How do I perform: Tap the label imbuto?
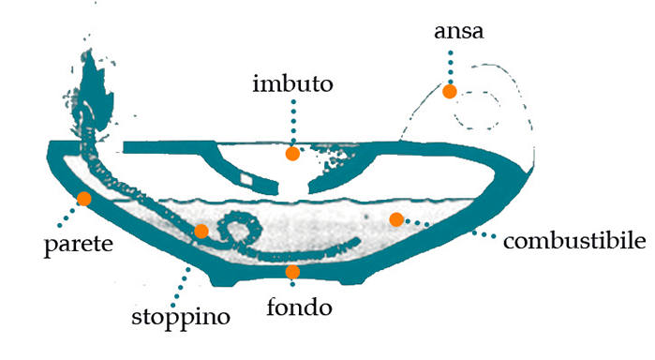click(293, 85)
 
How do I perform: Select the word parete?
click(79, 247)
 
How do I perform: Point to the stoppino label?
click(180, 316)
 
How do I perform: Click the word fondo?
click(299, 306)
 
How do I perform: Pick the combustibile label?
click(574, 242)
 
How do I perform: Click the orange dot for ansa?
click(450, 91)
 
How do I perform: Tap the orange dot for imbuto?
click(292, 153)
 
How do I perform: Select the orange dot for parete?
click(83, 198)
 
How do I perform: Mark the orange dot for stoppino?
click(201, 232)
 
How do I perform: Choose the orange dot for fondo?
click(292, 272)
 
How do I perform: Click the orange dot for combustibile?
click(396, 219)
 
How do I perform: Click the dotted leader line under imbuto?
click(293, 122)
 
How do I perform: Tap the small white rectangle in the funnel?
click(247, 177)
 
